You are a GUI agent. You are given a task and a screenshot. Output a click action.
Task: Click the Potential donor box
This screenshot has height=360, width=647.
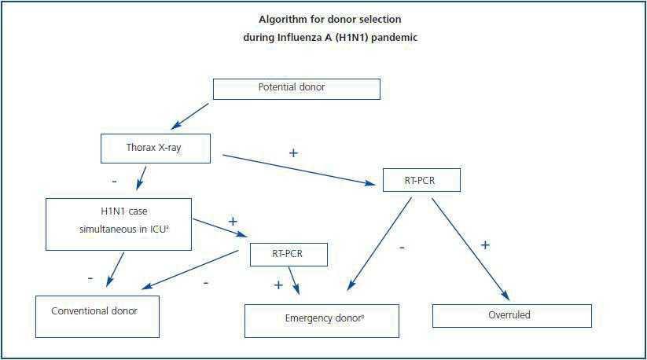(x=296, y=88)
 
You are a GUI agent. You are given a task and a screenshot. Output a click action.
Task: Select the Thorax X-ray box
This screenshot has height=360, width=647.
(x=156, y=148)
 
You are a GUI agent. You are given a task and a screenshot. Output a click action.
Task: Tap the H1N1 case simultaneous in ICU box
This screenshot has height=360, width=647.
(x=119, y=224)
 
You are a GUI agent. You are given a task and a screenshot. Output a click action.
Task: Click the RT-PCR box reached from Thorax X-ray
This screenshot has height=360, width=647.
(x=421, y=180)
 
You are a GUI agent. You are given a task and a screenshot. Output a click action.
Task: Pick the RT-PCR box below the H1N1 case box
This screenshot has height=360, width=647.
(x=289, y=255)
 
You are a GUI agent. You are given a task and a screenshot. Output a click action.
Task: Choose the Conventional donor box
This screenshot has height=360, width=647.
(x=97, y=316)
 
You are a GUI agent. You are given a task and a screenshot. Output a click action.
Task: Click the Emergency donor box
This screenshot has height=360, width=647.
(x=322, y=321)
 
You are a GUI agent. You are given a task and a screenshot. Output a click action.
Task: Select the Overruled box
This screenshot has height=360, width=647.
(x=512, y=316)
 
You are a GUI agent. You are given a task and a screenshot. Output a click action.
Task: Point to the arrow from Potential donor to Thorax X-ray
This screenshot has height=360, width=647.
(x=190, y=116)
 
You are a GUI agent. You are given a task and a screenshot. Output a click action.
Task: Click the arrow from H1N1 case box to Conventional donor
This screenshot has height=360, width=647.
(x=116, y=269)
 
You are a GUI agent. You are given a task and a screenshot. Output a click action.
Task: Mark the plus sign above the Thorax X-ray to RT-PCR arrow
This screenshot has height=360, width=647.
(x=293, y=152)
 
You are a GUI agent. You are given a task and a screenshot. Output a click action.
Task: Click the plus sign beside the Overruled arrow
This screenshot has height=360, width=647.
(x=485, y=245)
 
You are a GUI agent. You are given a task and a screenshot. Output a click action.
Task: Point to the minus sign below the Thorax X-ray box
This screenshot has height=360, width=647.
(x=114, y=182)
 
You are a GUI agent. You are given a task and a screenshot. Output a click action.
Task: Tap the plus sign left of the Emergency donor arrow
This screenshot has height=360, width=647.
(x=278, y=285)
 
